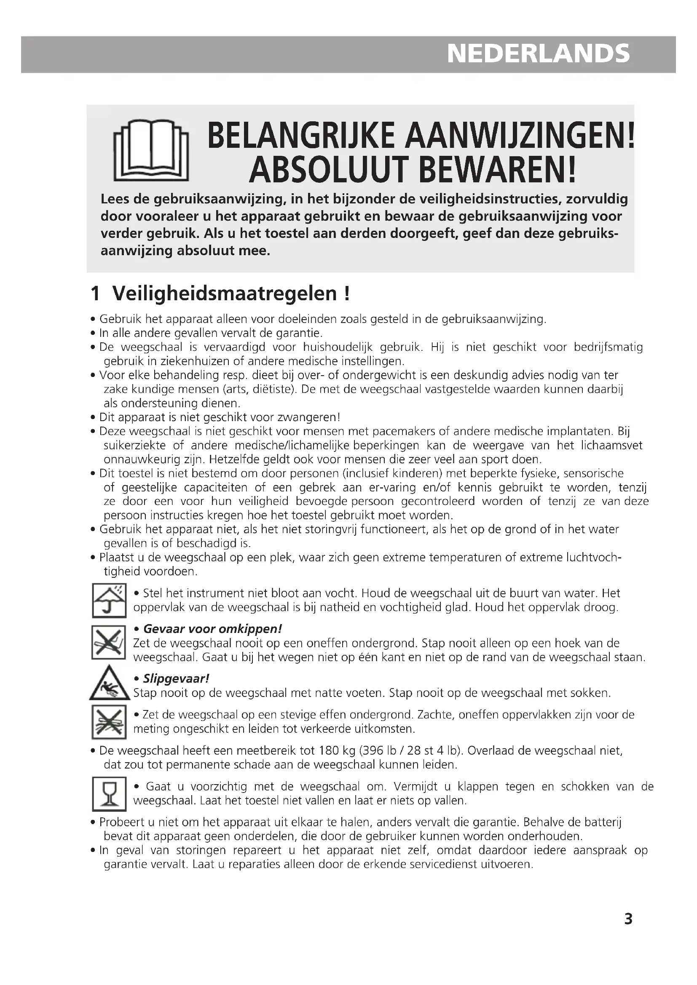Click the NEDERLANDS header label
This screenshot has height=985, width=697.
(x=538, y=54)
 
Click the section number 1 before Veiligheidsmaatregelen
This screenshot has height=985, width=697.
(x=95, y=294)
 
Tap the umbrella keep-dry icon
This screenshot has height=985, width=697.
(x=109, y=600)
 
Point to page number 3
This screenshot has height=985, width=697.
(x=628, y=931)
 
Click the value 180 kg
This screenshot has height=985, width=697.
(x=334, y=751)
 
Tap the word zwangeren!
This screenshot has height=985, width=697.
(x=309, y=417)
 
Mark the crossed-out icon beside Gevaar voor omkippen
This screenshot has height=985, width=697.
(x=109, y=642)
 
